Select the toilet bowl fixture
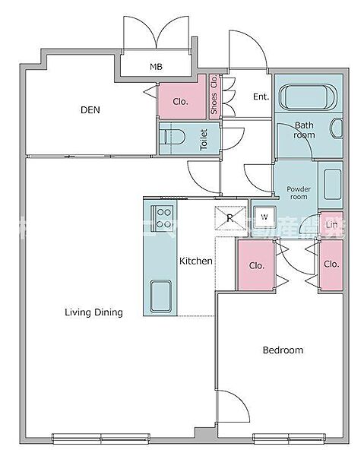tap(173, 138)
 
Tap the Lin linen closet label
tap(331, 224)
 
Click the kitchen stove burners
tap(163, 217)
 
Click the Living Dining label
tap(93, 312)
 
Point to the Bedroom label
tap(283, 350)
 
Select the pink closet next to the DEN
tap(181, 100)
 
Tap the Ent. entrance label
tap(261, 97)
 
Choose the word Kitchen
tap(195, 261)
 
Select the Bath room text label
tap(304, 130)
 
